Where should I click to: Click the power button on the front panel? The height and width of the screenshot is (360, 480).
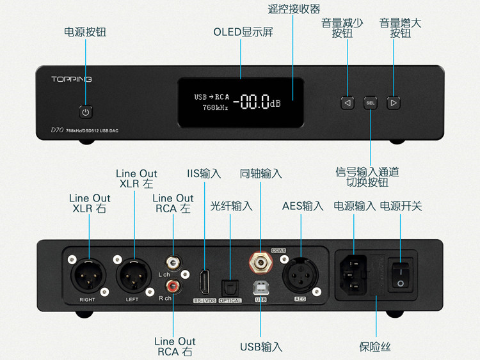[86, 112]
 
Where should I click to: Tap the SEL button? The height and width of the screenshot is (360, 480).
[371, 102]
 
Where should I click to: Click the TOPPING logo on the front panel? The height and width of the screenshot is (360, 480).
[72, 79]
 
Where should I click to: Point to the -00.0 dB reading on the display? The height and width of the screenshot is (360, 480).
[256, 102]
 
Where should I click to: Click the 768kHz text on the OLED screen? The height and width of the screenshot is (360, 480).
[215, 108]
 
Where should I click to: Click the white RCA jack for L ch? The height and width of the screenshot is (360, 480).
[172, 263]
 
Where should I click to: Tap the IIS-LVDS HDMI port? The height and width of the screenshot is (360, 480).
[205, 281]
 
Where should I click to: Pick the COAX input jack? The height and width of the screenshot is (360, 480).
[260, 262]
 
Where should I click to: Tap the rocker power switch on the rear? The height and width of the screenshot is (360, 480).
[401, 271]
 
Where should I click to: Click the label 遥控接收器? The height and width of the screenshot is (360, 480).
[293, 10]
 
